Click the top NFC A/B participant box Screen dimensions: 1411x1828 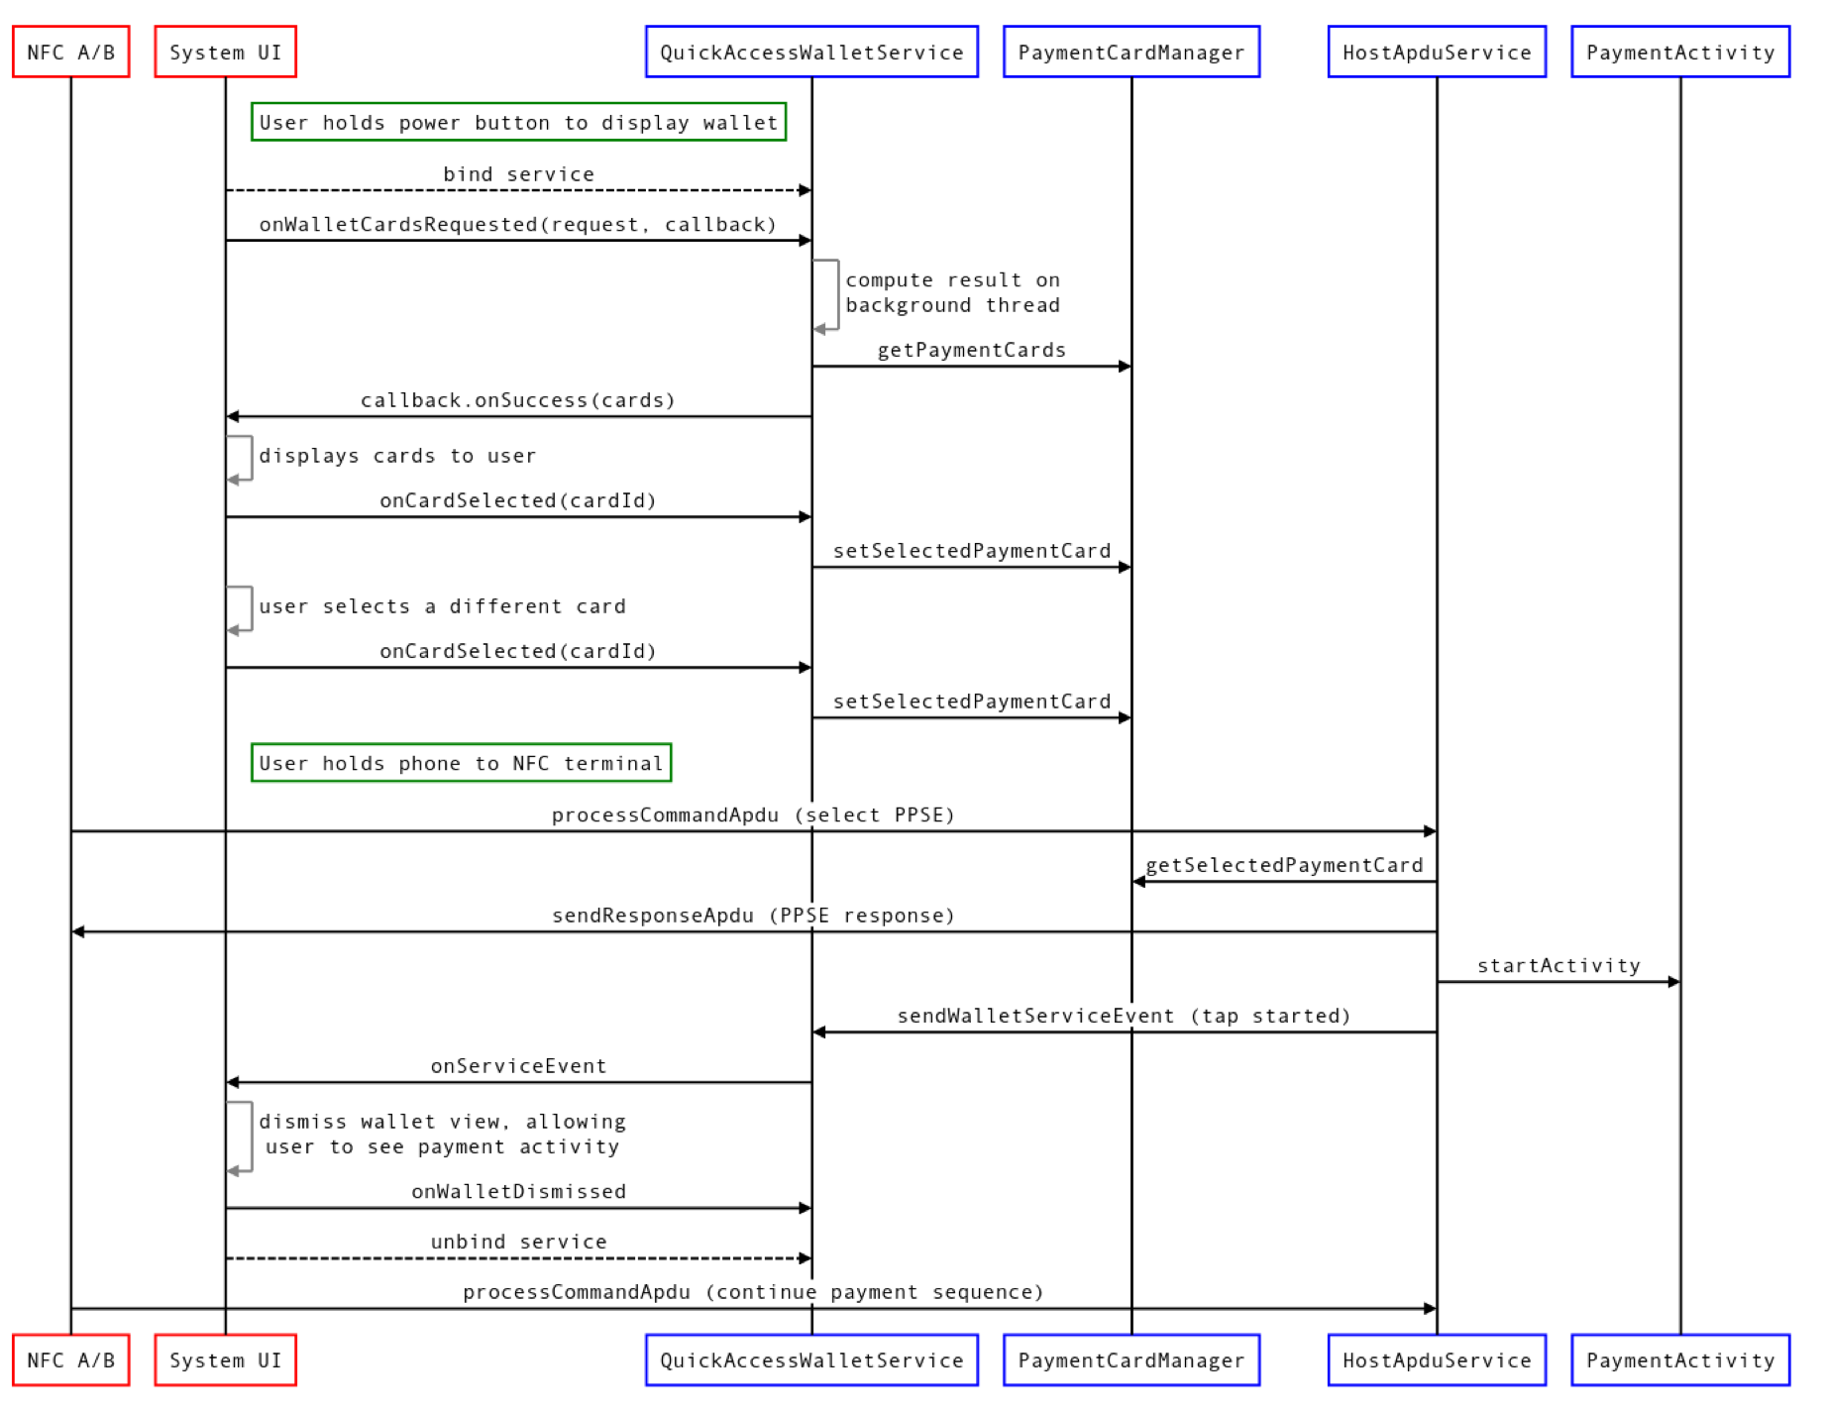70,53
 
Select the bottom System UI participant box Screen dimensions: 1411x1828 225,1360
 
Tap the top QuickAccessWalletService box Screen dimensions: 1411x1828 811,53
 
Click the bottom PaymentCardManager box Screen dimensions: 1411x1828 1130,1360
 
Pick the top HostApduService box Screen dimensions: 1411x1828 1437,53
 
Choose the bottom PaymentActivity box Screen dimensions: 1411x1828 1680,1360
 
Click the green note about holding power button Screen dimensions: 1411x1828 518,123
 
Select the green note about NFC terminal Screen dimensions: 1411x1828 461,763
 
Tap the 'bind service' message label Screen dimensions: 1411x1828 518,174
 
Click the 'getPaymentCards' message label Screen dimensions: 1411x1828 971,350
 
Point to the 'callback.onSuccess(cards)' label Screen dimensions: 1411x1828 517,400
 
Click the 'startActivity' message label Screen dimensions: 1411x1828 1559,966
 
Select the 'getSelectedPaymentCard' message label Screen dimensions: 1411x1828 1284,865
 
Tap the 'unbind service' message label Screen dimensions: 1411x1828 518,1242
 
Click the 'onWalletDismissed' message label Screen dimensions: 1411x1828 518,1191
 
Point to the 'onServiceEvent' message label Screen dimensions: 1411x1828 518,1066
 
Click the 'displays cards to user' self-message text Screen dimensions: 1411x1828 397,456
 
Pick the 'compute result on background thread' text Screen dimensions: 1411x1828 952,293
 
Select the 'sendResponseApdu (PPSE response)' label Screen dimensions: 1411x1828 753,916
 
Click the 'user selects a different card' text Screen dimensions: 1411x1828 442,606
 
